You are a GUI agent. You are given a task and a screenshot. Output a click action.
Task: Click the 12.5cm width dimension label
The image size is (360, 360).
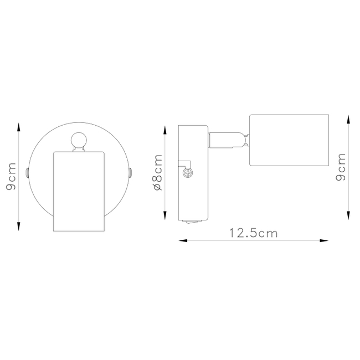pyautogui.click(x=254, y=233)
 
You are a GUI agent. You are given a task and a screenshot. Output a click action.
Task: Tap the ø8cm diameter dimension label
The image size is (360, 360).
pyautogui.click(x=157, y=172)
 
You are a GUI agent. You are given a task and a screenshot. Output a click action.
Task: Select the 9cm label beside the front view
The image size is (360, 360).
pyautogui.click(x=11, y=176)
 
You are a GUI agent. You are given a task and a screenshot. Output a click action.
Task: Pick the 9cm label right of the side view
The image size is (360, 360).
pyautogui.click(x=341, y=167)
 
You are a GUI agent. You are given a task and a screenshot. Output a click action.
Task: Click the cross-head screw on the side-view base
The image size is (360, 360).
pyautogui.click(x=188, y=173)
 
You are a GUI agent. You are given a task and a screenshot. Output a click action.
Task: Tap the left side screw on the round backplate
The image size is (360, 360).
pyautogui.click(x=27, y=173)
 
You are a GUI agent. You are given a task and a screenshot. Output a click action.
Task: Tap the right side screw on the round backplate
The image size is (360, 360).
pyautogui.click(x=131, y=173)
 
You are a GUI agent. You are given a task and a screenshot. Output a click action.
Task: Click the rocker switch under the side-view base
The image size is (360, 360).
pyautogui.click(x=193, y=222)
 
